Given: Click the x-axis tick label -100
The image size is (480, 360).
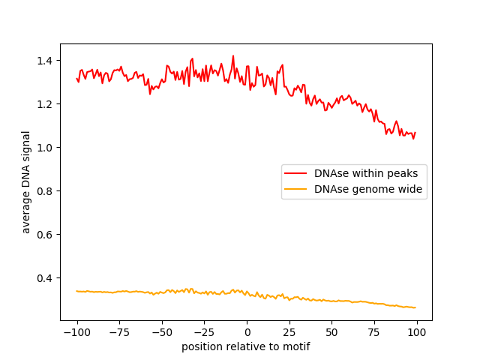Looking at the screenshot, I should pyautogui.click(x=76, y=332).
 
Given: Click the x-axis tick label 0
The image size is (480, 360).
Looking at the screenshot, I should pyautogui.click(x=247, y=332).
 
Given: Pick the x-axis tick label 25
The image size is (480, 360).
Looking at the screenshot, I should pyautogui.click(x=289, y=332).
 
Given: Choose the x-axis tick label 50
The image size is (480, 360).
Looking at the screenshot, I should pyautogui.click(x=332, y=332).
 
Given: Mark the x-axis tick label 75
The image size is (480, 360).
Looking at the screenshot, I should pyautogui.click(x=375, y=332).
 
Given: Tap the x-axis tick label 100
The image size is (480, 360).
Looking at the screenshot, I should pyautogui.click(x=417, y=332).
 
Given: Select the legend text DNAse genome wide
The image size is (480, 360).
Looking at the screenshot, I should pyautogui.click(x=368, y=190).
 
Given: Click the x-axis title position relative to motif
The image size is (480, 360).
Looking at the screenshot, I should pyautogui.click(x=246, y=346).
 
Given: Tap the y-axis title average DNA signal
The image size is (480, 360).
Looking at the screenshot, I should pyautogui.click(x=26, y=182).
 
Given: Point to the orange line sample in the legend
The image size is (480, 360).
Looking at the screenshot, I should pyautogui.click(x=295, y=190).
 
